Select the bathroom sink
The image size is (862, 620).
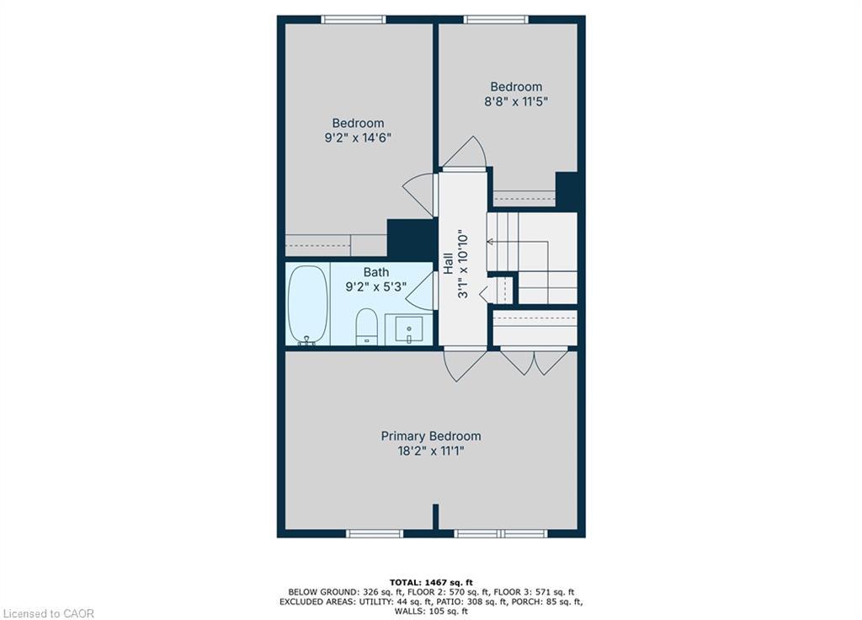[409, 329]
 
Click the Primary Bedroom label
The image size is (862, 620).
[431, 436]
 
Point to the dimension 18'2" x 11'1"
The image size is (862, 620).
[431, 452]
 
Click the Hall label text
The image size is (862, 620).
[448, 264]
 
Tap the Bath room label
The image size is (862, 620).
[376, 272]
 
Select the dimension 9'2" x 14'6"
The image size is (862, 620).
[358, 137]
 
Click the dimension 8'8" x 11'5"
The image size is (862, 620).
[516, 101]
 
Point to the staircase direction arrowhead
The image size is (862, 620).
[490, 242]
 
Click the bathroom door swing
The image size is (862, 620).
[422, 291]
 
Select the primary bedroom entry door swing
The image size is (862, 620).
[465, 364]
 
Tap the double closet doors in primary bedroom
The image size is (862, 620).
[534, 362]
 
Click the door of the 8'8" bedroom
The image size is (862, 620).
[465, 152]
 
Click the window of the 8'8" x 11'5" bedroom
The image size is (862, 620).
[496, 20]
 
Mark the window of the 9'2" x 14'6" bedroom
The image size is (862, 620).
[354, 20]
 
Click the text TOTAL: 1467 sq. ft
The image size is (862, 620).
[431, 582]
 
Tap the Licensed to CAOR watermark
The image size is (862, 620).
[48, 613]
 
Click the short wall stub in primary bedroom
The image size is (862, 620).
[435, 517]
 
